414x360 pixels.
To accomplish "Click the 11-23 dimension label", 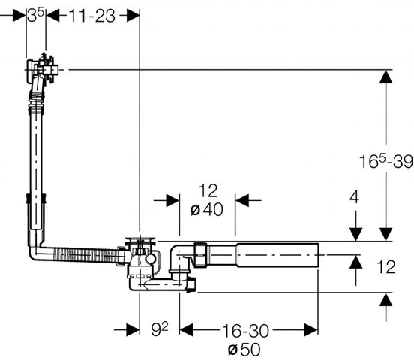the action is click(92, 16).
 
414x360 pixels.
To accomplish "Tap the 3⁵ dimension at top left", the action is click(36, 16).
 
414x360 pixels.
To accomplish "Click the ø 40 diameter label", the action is click(207, 210).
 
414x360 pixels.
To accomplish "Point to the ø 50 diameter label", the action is click(244, 349).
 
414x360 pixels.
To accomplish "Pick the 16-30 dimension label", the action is click(245, 331).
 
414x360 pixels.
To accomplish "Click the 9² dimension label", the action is click(160, 329).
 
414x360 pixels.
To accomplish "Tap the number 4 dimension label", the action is click(354, 197).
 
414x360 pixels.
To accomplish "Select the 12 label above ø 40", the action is click(208, 190).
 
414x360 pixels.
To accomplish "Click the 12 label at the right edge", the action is click(385, 267).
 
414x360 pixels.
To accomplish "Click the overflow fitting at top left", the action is click(42, 69).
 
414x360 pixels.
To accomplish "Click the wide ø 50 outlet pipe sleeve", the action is click(277, 255).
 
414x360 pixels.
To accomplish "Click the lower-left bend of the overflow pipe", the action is click(37, 251).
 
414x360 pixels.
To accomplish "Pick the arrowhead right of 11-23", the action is click(133, 16).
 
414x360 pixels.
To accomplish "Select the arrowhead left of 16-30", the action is click(186, 330).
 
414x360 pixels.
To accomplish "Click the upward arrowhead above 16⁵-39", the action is click(386, 76).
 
